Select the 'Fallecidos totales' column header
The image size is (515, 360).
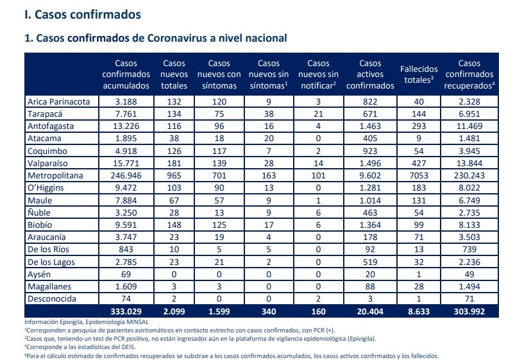[418, 74]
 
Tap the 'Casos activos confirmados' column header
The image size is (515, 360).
[370, 74]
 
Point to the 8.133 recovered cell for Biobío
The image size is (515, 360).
[470, 225]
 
